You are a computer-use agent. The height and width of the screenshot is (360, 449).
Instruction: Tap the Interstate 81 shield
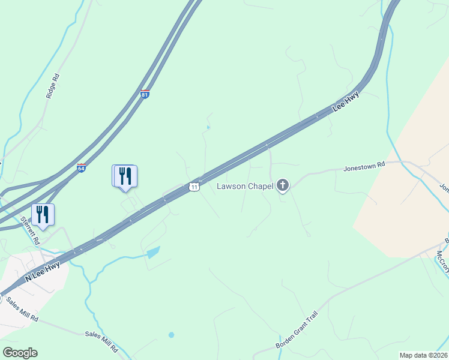pyautogui.click(x=145, y=94)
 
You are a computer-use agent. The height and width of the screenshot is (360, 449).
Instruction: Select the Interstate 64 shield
pyautogui.click(x=81, y=168)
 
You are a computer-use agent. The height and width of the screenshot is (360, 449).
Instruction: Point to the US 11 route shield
pyautogui.click(x=193, y=187)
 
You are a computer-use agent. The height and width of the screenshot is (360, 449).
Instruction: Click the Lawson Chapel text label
pyautogui.click(x=245, y=186)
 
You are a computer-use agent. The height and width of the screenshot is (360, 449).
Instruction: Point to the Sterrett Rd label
pyautogui.click(x=28, y=230)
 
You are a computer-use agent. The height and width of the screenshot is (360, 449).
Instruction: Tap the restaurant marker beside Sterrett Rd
pyautogui.click(x=43, y=214)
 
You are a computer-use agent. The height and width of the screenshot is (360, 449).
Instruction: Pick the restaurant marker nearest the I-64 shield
pyautogui.click(x=125, y=175)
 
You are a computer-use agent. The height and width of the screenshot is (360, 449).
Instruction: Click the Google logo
pyautogui.click(x=20, y=352)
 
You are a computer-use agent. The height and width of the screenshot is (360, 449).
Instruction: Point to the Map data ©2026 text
pyautogui.click(x=424, y=355)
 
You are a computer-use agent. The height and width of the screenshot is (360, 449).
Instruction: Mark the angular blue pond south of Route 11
pyautogui.click(x=152, y=252)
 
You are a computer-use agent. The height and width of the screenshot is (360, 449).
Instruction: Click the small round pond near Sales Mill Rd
pyautogui.click(x=171, y=334)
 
